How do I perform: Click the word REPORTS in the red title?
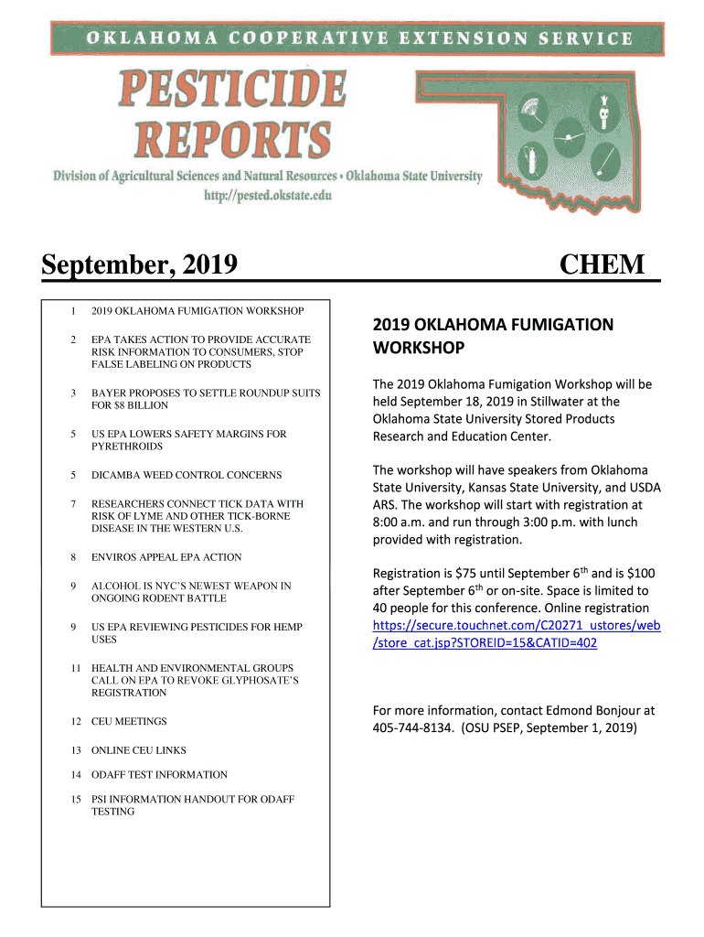(x=232, y=140)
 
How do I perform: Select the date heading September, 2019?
(x=139, y=265)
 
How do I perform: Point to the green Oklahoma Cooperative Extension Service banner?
(x=357, y=38)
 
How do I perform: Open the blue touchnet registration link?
(x=517, y=634)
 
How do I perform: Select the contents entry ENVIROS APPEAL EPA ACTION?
(x=166, y=556)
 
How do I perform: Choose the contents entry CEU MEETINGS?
(x=129, y=721)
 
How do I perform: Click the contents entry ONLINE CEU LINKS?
(x=138, y=750)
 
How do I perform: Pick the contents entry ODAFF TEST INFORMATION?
(x=159, y=774)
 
